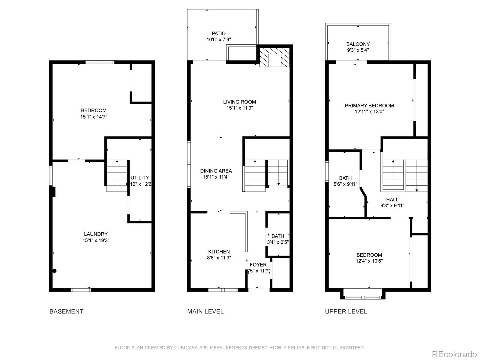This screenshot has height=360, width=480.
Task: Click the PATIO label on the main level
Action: point(218,34)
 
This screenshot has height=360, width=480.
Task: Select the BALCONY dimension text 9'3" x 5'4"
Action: point(358,50)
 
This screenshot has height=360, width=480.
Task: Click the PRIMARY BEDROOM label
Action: point(369,106)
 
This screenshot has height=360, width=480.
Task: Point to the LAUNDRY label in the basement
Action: point(96,234)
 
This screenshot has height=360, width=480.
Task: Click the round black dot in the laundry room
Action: point(54,271)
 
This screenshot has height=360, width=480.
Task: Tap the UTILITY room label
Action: point(140,178)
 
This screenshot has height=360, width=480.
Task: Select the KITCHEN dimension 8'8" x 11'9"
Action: point(219,258)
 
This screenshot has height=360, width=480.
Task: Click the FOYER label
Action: point(258,265)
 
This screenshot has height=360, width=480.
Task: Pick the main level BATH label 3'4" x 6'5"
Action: point(278,236)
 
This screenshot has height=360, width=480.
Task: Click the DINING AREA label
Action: point(216,171)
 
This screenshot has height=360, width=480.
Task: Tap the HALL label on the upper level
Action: point(392,199)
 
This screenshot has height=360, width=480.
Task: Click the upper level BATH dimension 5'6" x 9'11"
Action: point(345,184)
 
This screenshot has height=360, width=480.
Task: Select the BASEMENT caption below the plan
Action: point(66,311)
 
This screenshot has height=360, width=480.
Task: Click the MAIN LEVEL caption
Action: point(205,311)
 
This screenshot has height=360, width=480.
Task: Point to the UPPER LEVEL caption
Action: point(346,311)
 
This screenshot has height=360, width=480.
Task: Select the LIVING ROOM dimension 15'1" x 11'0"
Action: point(239,108)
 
